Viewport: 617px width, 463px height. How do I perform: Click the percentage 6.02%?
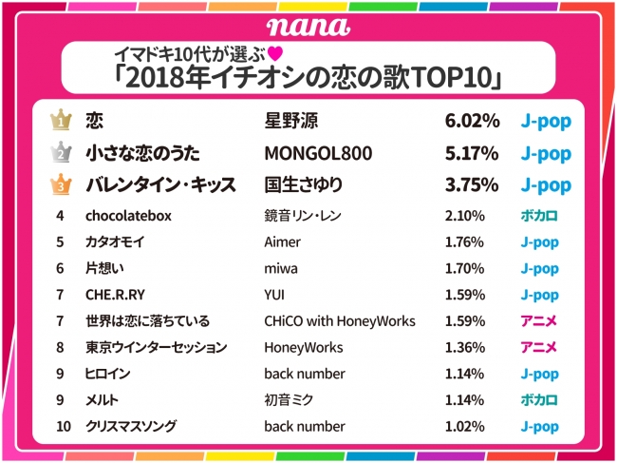point(472,122)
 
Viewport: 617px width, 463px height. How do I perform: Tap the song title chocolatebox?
point(128,216)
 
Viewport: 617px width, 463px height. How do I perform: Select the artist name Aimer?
point(282,242)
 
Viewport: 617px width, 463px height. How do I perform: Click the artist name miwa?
point(280,269)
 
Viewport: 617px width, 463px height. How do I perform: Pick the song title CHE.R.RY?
point(113,295)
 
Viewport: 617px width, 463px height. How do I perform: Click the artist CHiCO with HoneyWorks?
point(340,321)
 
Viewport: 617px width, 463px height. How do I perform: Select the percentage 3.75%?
point(472,185)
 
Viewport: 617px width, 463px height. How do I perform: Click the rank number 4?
point(60,216)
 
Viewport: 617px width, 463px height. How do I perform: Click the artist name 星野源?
point(293,122)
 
